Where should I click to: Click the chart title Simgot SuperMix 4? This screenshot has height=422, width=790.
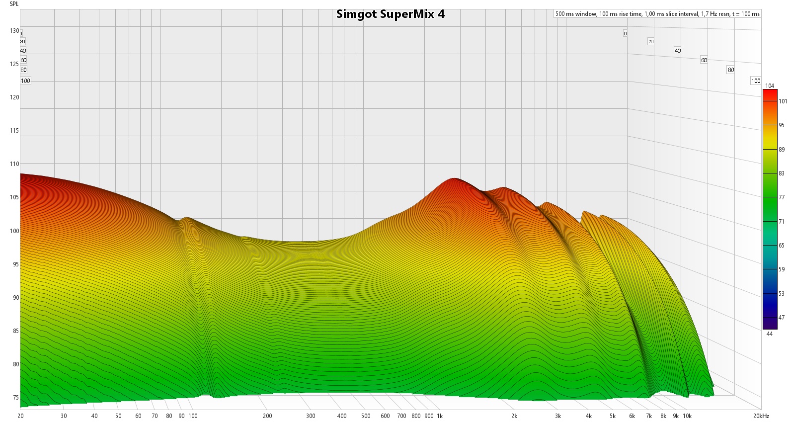tap(390, 14)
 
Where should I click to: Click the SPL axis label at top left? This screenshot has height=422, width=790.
tap(14, 4)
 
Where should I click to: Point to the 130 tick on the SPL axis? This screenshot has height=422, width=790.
tap(14, 31)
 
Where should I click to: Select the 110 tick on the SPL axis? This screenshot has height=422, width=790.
tap(14, 164)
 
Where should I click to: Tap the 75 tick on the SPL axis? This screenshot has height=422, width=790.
tap(16, 398)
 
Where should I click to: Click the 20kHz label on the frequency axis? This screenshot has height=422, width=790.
tap(761, 416)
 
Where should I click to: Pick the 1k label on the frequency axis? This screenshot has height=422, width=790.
tap(440, 416)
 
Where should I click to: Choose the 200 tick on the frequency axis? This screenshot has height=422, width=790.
tap(267, 416)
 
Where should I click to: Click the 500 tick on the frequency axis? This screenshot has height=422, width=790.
tap(366, 416)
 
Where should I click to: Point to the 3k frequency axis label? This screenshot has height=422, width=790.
tap(558, 416)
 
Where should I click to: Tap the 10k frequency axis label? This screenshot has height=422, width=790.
tap(687, 416)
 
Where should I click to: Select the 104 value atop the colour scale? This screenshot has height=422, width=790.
tap(770, 86)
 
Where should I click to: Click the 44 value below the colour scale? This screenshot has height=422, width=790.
tap(769, 334)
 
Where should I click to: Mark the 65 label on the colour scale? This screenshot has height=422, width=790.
tap(782, 246)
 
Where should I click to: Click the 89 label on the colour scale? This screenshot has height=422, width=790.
tap(782, 150)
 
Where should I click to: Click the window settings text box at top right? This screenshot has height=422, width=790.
tap(657, 14)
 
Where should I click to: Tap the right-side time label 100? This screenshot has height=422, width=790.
tap(756, 81)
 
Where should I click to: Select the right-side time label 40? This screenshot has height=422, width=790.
tap(677, 51)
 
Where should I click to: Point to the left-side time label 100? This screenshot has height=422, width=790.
tap(25, 81)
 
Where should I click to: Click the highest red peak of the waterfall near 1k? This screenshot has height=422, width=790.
tap(454, 179)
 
